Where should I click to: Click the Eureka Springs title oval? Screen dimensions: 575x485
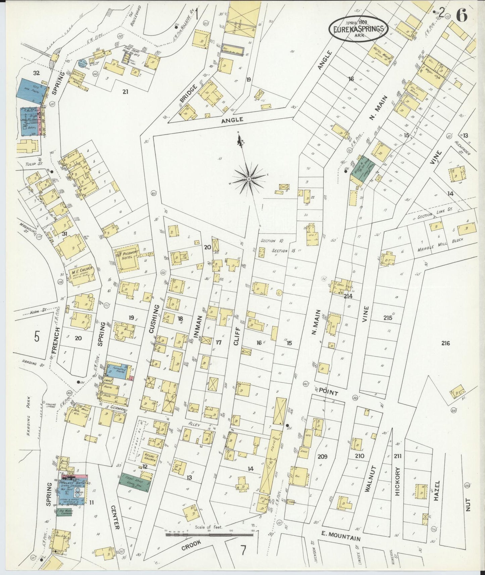pos(358,29)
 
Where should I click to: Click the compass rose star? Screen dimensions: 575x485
pos(249,179)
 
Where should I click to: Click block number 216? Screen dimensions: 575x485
pos(445,343)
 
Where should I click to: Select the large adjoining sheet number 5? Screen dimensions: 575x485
pos(37,336)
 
